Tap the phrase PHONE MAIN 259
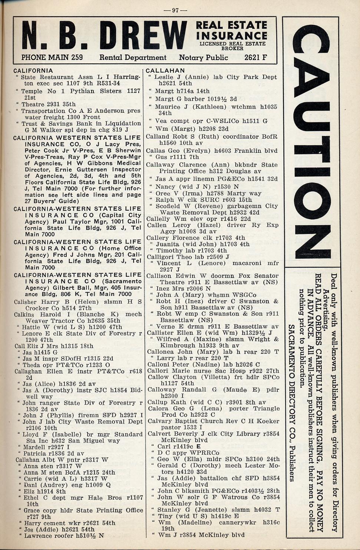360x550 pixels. [52, 57]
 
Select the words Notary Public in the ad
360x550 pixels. [203, 57]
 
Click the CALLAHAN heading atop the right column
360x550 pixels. [165, 70]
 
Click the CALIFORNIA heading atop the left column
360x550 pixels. [33, 70]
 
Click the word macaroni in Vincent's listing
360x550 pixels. [246, 263]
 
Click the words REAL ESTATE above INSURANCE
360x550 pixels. [231, 25]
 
